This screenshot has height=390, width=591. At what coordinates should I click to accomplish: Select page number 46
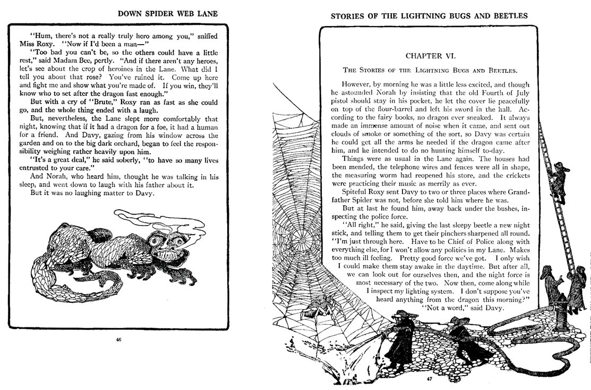coord(118,341)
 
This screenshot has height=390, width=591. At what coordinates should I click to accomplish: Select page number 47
coord(429,379)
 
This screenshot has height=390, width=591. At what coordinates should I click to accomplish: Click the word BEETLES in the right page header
coord(509,15)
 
